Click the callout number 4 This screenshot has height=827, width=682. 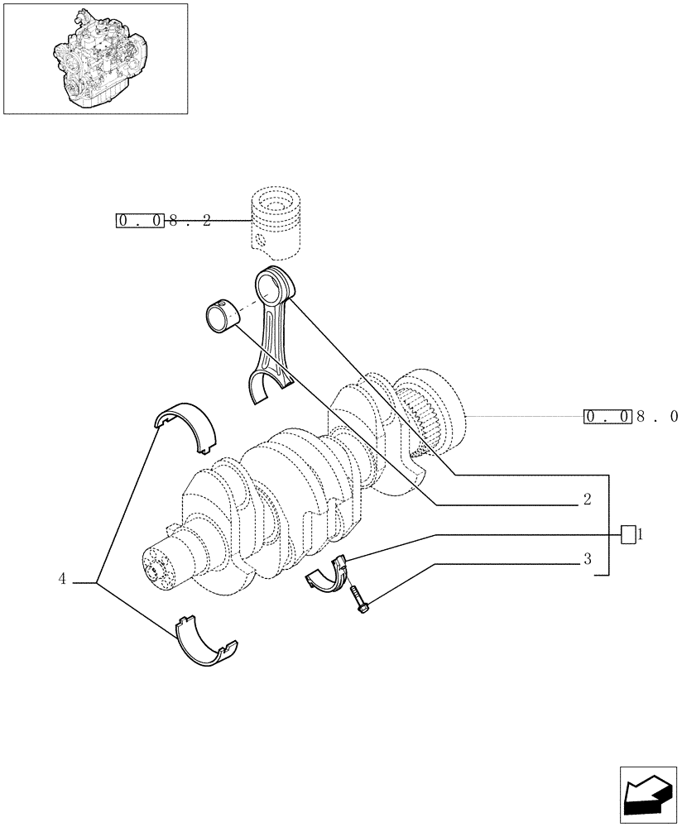click(62, 580)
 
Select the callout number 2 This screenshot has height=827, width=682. click(586, 500)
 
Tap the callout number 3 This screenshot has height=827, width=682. click(586, 559)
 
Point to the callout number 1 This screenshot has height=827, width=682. click(640, 534)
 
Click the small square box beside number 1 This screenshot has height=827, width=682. click(628, 534)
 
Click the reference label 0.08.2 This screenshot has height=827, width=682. click(164, 221)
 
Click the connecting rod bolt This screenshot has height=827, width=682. click(359, 599)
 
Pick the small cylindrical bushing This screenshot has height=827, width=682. click(221, 318)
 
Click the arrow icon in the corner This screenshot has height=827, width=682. click(647, 795)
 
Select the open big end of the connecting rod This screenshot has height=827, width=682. click(271, 388)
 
